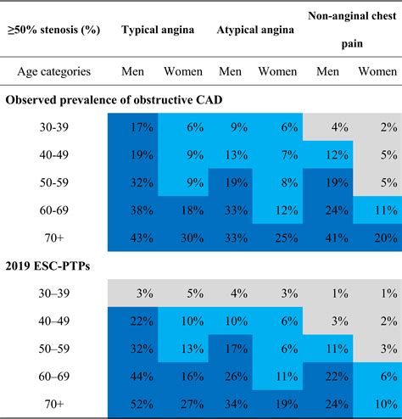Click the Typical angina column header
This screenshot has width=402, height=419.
(158, 30)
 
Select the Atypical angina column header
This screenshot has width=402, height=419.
(255, 30)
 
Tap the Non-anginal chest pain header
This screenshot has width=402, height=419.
(352, 30)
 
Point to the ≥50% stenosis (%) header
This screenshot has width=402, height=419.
(53, 30)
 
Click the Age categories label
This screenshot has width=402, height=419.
(54, 71)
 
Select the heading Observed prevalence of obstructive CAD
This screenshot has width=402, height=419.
(114, 100)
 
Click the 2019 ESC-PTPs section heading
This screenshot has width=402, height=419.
(47, 266)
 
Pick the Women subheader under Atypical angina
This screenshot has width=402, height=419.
(277, 71)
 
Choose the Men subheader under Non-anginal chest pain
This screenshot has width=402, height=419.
(327, 71)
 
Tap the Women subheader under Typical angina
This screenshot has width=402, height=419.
(183, 71)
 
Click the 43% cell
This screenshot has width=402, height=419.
(142, 238)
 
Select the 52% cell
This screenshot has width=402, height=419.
(142, 405)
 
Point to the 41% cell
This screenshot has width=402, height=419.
(337, 238)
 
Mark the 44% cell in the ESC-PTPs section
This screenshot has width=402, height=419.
(142, 377)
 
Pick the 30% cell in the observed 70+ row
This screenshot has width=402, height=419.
(192, 238)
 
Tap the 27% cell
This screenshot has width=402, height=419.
(192, 405)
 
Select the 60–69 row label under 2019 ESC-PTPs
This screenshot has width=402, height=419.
(54, 377)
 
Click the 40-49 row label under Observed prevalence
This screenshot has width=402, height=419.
(54, 155)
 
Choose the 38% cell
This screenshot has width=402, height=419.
(142, 210)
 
